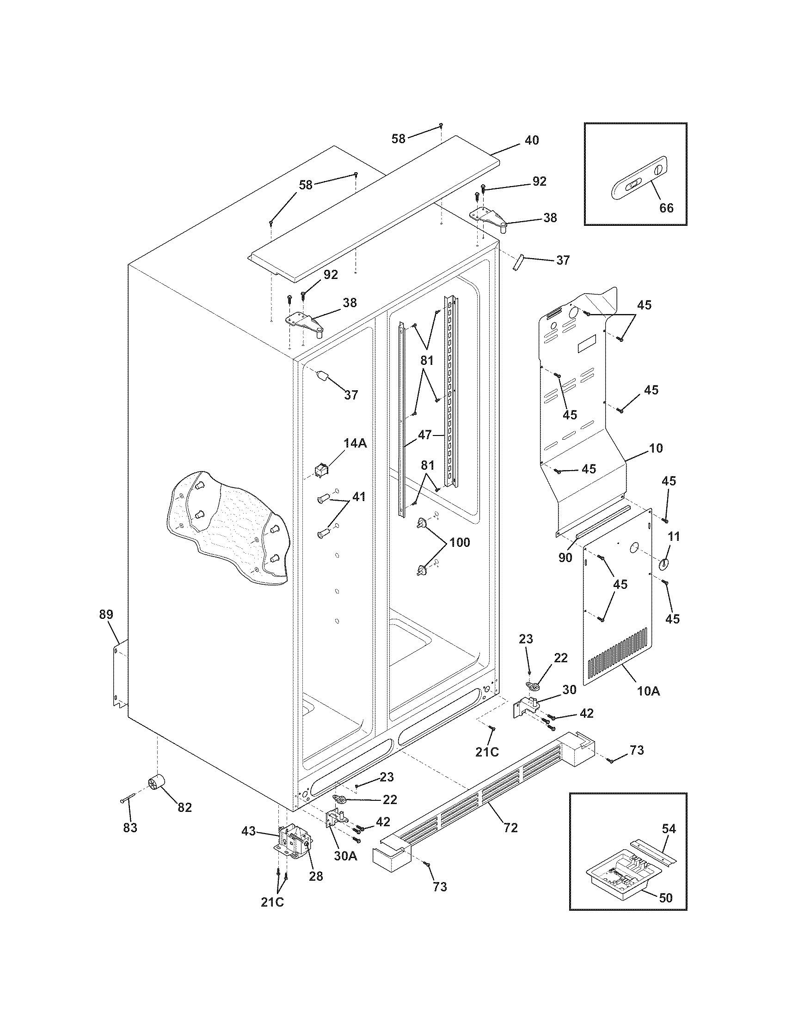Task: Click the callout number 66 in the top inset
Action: coord(666,207)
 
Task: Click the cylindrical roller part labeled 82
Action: coord(155,784)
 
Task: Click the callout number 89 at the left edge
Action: coord(106,614)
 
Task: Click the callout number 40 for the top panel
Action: coord(532,140)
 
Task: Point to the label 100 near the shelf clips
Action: coord(459,543)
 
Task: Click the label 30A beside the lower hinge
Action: coord(345,855)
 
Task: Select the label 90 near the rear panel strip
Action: coord(565,557)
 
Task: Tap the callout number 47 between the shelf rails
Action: coord(425,435)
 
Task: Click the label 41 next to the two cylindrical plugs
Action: coord(358,496)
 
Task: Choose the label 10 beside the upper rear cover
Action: coord(656,448)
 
